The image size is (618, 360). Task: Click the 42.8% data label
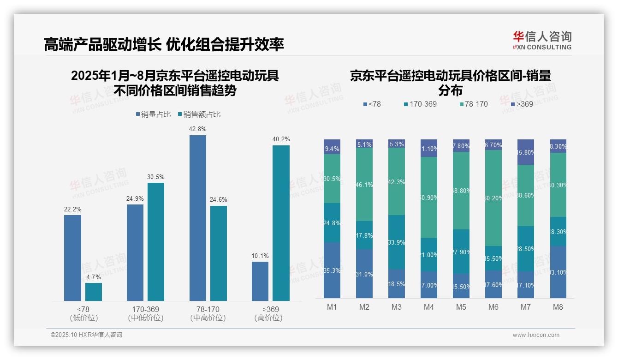click(197, 129)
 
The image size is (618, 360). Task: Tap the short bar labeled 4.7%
click(94, 292)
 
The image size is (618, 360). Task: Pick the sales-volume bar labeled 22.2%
click(72, 258)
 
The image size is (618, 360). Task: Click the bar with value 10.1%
click(260, 281)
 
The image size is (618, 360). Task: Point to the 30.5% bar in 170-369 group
click(156, 242)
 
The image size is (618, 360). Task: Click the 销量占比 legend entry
click(154, 114)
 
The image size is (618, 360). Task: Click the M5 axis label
click(461, 307)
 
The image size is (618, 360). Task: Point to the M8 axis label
click(558, 307)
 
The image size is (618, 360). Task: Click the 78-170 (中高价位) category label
click(208, 313)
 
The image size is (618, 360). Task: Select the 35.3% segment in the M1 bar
click(332, 270)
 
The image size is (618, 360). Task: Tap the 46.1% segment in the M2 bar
click(364, 185)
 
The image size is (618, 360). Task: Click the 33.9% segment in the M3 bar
click(397, 242)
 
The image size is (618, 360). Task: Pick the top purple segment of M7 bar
click(526, 152)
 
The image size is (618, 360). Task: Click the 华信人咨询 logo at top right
click(542, 40)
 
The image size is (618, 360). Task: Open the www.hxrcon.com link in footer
click(535, 335)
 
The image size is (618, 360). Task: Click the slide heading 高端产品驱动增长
click(102, 44)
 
